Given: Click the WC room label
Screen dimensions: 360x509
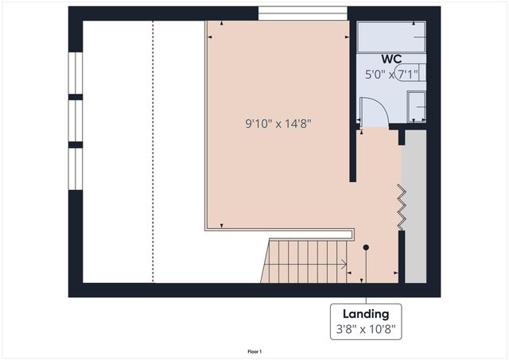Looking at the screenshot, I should [x=391, y=59].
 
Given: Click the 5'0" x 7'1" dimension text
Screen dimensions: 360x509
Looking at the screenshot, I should [x=391, y=75].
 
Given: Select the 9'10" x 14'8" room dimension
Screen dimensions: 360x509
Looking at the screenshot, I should [x=277, y=123].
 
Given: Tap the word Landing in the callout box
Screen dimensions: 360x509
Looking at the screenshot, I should [x=366, y=313].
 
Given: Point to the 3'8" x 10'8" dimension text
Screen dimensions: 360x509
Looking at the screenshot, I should [x=366, y=327].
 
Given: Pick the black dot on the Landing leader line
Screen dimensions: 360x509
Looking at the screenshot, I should [x=366, y=247].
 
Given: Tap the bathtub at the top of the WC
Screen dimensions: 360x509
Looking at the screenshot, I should [x=390, y=37].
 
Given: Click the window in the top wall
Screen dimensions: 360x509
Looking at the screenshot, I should [x=303, y=12].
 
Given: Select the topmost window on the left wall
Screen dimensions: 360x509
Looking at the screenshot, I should [x=76, y=73].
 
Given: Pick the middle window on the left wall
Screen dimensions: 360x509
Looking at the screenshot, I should [x=76, y=121].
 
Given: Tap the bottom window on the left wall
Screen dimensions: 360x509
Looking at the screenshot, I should [x=76, y=168].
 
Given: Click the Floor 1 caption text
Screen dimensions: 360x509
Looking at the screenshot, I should [x=254, y=351].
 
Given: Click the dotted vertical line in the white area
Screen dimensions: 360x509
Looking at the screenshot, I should [x=153, y=151].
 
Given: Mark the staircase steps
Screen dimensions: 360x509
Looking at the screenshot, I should [x=302, y=261].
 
